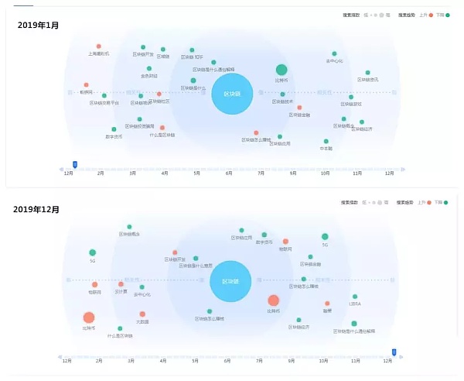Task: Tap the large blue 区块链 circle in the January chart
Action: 231,94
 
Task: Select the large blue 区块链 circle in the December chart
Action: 230,281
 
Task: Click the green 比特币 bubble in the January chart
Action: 281,70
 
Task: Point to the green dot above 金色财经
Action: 149,68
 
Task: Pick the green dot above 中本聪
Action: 326,142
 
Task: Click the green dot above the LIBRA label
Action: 355,297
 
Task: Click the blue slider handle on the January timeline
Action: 75,164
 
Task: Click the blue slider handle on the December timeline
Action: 394,352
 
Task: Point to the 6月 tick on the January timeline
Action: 229,173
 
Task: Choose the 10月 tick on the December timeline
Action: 324,361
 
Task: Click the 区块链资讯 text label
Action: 368,80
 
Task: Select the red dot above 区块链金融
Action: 299,108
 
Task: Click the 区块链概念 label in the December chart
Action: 129,233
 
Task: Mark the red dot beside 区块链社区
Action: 159,94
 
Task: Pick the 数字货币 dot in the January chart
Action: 114,129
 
